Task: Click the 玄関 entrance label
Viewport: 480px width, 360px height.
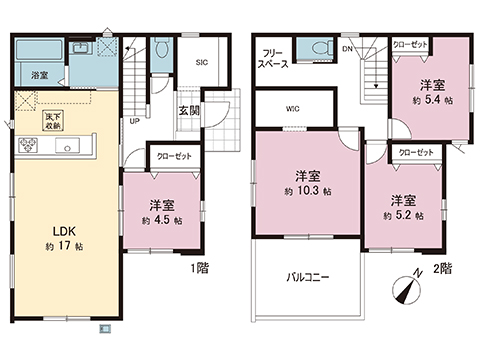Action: (x=188, y=112)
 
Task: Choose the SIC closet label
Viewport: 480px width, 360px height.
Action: (x=202, y=63)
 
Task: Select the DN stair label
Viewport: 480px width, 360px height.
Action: (x=346, y=48)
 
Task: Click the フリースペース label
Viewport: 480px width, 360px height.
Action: (x=274, y=57)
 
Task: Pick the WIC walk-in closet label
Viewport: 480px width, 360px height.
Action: (x=294, y=108)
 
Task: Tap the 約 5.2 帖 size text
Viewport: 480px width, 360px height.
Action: (x=403, y=215)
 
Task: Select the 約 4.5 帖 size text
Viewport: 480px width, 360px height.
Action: (x=161, y=219)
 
